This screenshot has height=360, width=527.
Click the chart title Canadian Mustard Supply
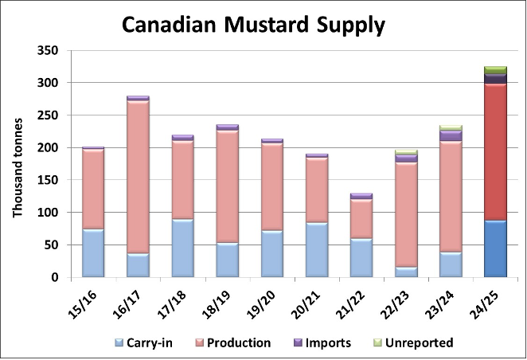tap(253, 25)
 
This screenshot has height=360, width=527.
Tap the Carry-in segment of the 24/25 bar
tap(495, 248)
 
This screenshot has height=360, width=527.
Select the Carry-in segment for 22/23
tap(406, 272)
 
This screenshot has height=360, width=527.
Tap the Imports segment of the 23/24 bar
tap(451, 135)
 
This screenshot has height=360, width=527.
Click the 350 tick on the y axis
tap(49, 50)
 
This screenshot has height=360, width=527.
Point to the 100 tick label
tap(49, 213)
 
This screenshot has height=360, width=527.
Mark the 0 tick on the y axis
tap(54, 278)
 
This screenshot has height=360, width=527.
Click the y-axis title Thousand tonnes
tap(18, 167)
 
